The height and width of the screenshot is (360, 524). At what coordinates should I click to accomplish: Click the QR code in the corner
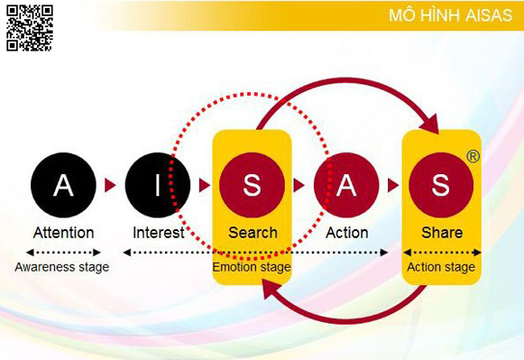pos(30,27)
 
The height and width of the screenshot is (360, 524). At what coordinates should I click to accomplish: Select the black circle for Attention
pos(62,185)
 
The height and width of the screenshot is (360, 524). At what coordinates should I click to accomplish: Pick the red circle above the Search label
pos(252,185)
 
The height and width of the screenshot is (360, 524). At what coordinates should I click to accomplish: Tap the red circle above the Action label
pos(346,185)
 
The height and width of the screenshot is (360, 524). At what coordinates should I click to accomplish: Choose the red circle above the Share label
pos(440,185)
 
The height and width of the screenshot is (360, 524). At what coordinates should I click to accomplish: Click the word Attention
pos(63,233)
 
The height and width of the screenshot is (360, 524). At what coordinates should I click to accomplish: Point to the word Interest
pos(158,233)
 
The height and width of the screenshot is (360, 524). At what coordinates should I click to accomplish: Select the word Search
pos(253,233)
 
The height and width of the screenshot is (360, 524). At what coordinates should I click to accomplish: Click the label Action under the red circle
pos(346,233)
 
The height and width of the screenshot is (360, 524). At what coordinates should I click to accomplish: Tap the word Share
pos(441,233)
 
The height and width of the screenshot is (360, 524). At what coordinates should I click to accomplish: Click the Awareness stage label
pos(62,267)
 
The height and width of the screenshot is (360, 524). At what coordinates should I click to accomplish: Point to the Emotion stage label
pos(252,267)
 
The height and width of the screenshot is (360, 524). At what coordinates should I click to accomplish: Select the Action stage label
pos(441,267)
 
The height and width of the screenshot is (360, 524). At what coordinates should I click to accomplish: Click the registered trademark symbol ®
pos(473,156)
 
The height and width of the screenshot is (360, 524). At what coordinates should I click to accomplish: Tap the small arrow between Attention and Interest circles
pos(110,185)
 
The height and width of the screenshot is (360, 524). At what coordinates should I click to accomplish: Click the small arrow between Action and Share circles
pos(393,185)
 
